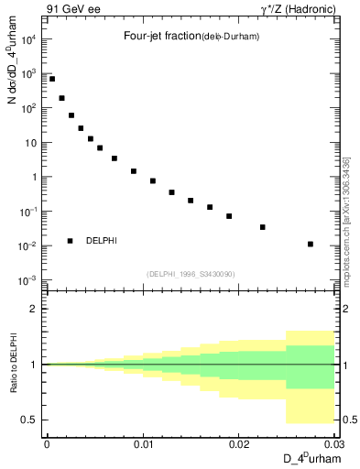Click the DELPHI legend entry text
101,241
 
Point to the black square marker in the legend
71,241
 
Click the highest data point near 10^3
52,79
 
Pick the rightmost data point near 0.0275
311,244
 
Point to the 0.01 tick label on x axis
143,443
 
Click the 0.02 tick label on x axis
239,443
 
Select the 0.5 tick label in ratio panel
31,420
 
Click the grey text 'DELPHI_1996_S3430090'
190,275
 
